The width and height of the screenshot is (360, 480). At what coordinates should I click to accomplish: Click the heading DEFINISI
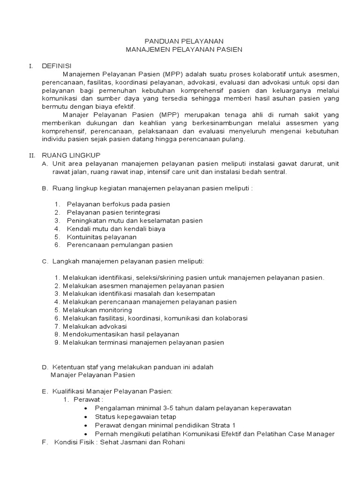[x=58, y=66]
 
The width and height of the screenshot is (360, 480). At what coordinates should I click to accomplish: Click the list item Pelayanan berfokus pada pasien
[x=118, y=204]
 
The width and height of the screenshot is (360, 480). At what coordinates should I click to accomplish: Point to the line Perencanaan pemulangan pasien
[x=120, y=245]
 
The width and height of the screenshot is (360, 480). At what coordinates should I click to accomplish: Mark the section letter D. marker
[x=45, y=367]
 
